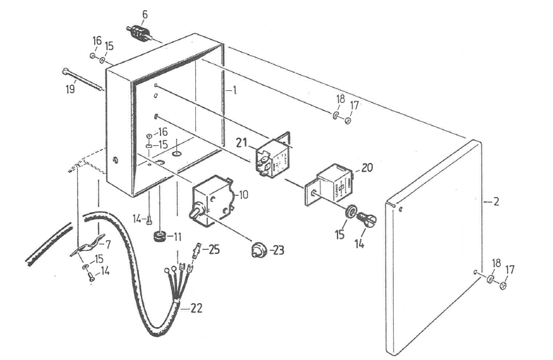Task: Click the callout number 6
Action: (x=145, y=15)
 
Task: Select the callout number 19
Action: (x=70, y=89)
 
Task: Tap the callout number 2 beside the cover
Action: (x=496, y=202)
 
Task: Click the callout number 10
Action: (x=243, y=195)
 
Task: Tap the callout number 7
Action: (x=107, y=243)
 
